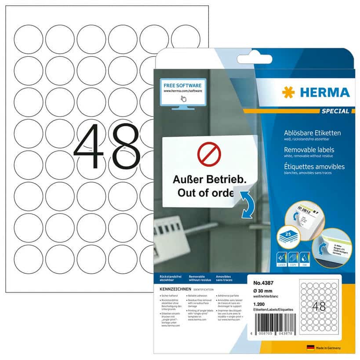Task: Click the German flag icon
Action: (311, 348)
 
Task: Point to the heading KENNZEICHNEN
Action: (175, 289)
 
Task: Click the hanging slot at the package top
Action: (255, 59)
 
